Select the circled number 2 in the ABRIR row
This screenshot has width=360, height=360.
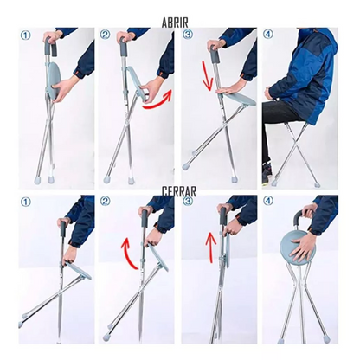(x=106, y=35)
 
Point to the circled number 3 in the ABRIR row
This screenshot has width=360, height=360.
(x=187, y=35)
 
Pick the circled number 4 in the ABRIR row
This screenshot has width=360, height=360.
(x=268, y=35)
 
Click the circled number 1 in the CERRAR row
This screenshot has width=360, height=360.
(x=25, y=203)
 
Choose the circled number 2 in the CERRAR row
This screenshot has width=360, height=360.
(x=106, y=202)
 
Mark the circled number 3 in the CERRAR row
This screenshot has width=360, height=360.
(x=187, y=202)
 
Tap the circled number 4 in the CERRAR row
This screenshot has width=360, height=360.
(x=268, y=203)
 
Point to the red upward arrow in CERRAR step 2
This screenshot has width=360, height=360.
(x=127, y=247)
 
